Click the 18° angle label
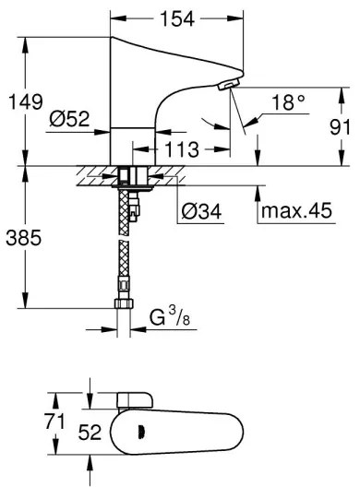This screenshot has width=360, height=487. point(289,104)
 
